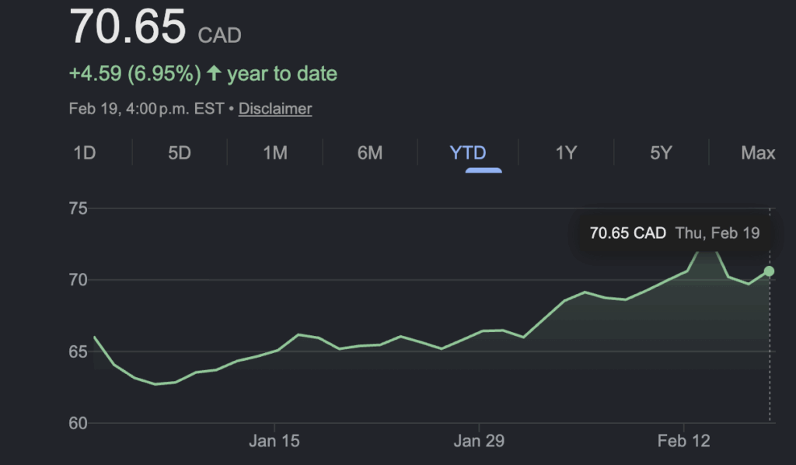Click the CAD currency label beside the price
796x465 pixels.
(220, 35)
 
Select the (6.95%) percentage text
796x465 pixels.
(164, 74)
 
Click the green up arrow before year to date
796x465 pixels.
(214, 74)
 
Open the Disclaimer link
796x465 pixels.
(275, 109)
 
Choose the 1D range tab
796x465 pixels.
(84, 152)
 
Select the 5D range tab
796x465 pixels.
(180, 152)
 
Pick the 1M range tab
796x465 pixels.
(275, 152)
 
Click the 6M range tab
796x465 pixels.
(370, 152)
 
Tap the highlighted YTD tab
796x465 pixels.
(468, 152)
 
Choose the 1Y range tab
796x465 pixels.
(566, 152)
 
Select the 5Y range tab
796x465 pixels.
(661, 152)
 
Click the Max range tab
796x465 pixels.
(758, 152)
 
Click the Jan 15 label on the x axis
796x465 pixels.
(274, 442)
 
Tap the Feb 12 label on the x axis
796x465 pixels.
(683, 442)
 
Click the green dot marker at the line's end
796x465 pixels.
(770, 271)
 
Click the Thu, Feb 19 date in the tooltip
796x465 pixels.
(717, 232)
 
